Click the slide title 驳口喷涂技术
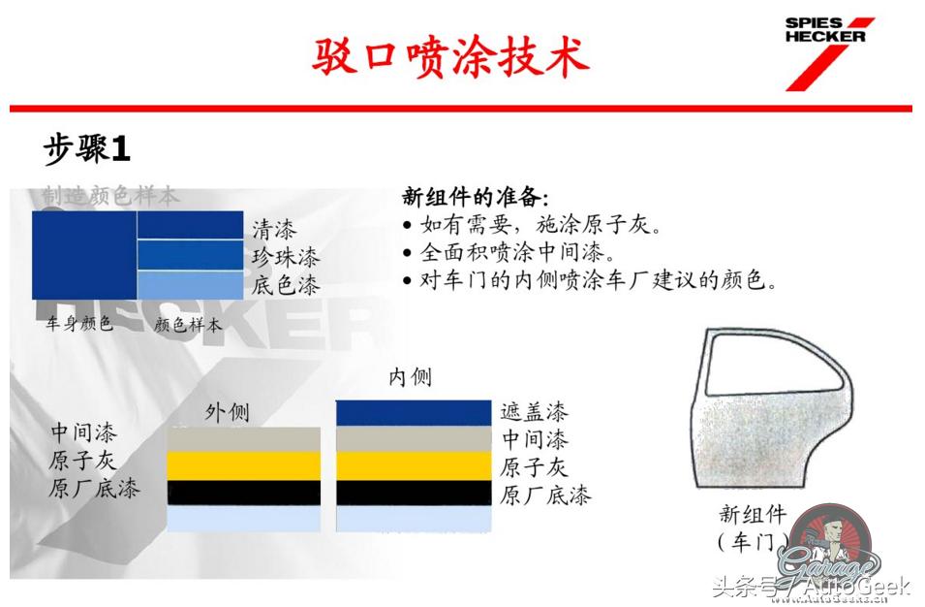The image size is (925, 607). [450, 56]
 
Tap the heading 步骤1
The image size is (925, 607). [86, 149]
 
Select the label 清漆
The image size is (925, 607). [274, 230]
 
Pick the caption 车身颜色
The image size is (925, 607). [79, 324]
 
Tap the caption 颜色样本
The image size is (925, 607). [188, 325]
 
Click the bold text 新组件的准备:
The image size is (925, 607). [476, 197]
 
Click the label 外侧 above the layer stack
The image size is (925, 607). [227, 412]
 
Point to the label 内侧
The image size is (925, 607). [410, 376]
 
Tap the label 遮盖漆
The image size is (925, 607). [534, 412]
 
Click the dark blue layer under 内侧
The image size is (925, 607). [414, 412]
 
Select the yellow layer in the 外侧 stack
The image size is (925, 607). [243, 465]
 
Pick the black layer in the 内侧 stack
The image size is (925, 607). [414, 493]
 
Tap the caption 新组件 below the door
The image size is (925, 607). [752, 514]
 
